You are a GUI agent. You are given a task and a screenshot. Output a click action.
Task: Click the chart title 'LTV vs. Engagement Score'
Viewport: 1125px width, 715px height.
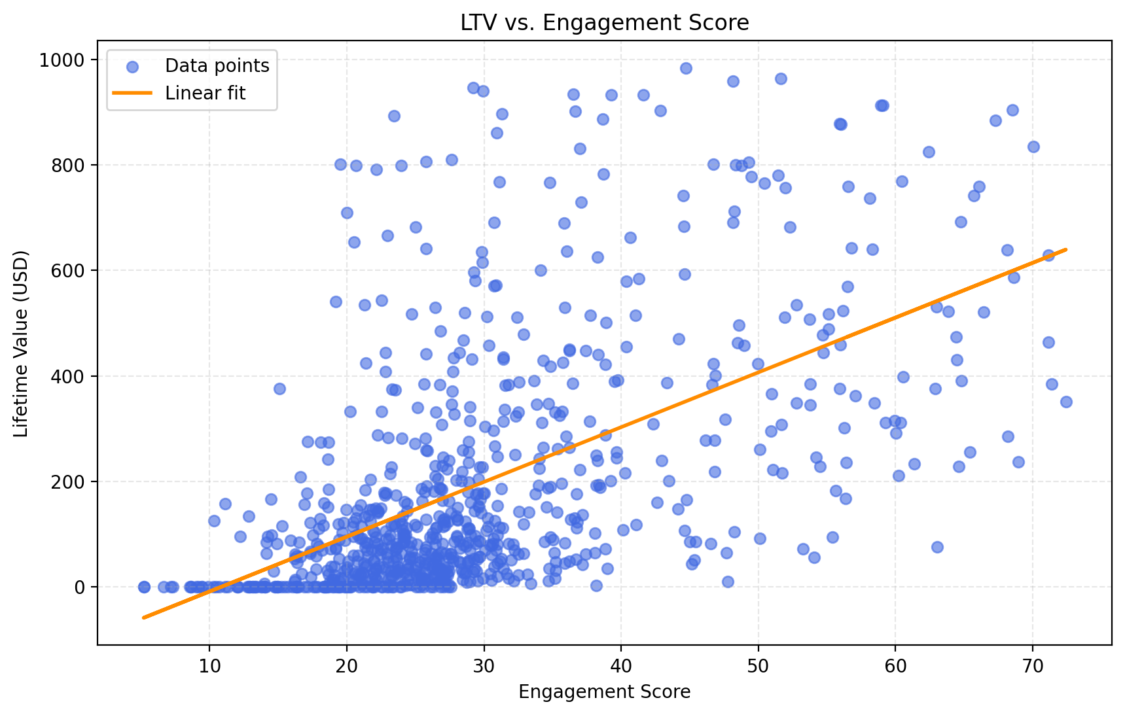pyautogui.click(x=604, y=23)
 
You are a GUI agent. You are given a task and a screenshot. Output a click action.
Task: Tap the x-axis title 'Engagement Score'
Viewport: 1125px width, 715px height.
pyautogui.click(x=604, y=692)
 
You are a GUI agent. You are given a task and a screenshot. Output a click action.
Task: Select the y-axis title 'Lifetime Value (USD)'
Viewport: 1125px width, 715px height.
pyautogui.click(x=22, y=343)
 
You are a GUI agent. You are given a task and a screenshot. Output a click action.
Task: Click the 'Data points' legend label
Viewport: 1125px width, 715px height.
pyautogui.click(x=217, y=66)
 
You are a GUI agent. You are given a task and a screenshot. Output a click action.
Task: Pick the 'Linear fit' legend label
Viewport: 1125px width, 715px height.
pyautogui.click(x=205, y=94)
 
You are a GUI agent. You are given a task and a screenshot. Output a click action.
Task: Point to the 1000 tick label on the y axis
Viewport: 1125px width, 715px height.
pyautogui.click(x=62, y=60)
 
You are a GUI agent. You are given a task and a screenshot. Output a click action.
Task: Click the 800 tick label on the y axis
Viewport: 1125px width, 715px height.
pyautogui.click(x=68, y=166)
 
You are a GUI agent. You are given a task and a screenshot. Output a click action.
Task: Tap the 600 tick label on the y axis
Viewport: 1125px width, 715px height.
pyautogui.click(x=68, y=271)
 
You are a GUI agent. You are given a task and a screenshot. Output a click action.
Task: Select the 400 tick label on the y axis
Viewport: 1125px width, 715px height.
pyautogui.click(x=68, y=376)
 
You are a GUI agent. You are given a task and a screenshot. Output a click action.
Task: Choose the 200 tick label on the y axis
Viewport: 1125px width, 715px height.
pyautogui.click(x=68, y=481)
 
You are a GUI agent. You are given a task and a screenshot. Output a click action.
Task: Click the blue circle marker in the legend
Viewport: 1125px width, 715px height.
pyautogui.click(x=132, y=67)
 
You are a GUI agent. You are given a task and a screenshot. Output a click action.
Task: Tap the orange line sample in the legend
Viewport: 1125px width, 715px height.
pyautogui.click(x=132, y=94)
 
